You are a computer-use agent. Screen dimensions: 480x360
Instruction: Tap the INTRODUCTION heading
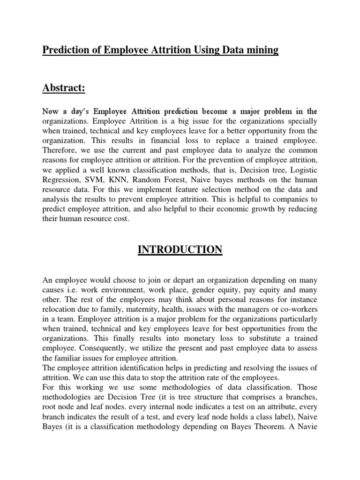[x=180, y=249]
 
